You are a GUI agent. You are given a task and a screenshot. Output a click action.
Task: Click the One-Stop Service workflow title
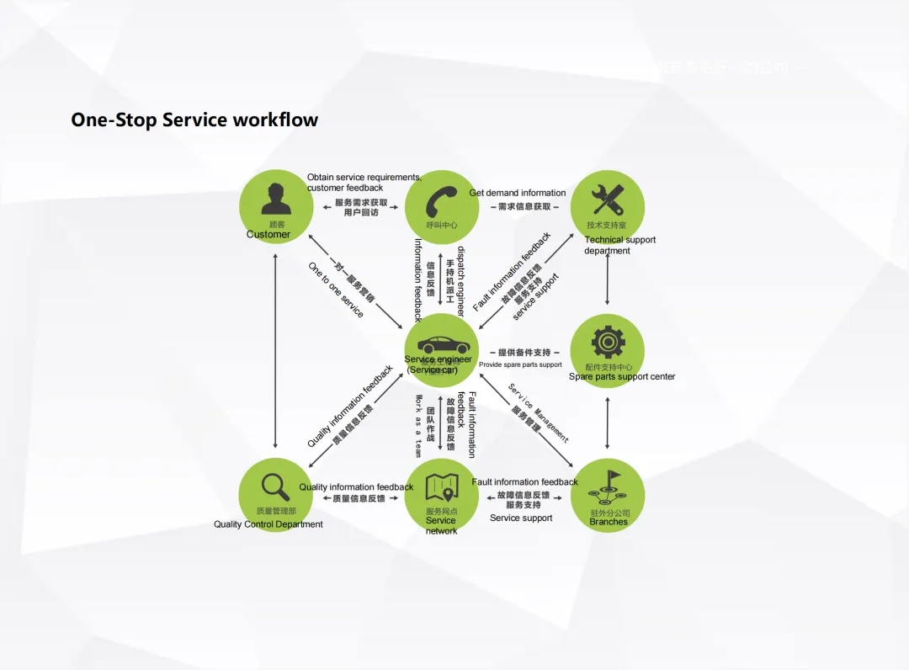click(194, 120)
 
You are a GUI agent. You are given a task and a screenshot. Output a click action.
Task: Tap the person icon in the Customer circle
click(276, 198)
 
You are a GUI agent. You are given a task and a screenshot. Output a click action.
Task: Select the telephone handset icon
click(441, 199)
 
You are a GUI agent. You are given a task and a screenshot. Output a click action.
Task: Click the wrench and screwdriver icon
click(607, 199)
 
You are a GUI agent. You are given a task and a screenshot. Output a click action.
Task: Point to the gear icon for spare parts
click(607, 342)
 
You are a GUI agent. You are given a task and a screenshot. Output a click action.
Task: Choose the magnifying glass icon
click(275, 486)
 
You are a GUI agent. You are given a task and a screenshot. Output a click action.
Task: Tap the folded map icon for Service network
click(441, 487)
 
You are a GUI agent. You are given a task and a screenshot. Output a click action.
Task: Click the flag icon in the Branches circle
click(608, 487)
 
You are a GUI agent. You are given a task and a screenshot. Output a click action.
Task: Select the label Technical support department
click(619, 245)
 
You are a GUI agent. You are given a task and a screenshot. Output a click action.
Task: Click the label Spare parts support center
click(622, 377)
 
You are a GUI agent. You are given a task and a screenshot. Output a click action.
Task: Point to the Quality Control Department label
click(268, 524)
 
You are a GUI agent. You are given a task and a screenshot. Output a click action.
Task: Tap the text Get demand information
click(518, 193)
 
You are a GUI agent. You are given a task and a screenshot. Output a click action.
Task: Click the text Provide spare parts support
click(520, 364)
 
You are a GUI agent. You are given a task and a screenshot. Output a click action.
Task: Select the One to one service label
click(336, 290)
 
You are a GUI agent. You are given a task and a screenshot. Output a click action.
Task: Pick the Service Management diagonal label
click(539, 412)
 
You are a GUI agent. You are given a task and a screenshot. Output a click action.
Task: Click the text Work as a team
click(418, 426)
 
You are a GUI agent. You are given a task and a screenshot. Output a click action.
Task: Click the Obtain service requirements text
click(364, 178)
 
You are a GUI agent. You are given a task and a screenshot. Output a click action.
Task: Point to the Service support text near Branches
click(521, 518)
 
